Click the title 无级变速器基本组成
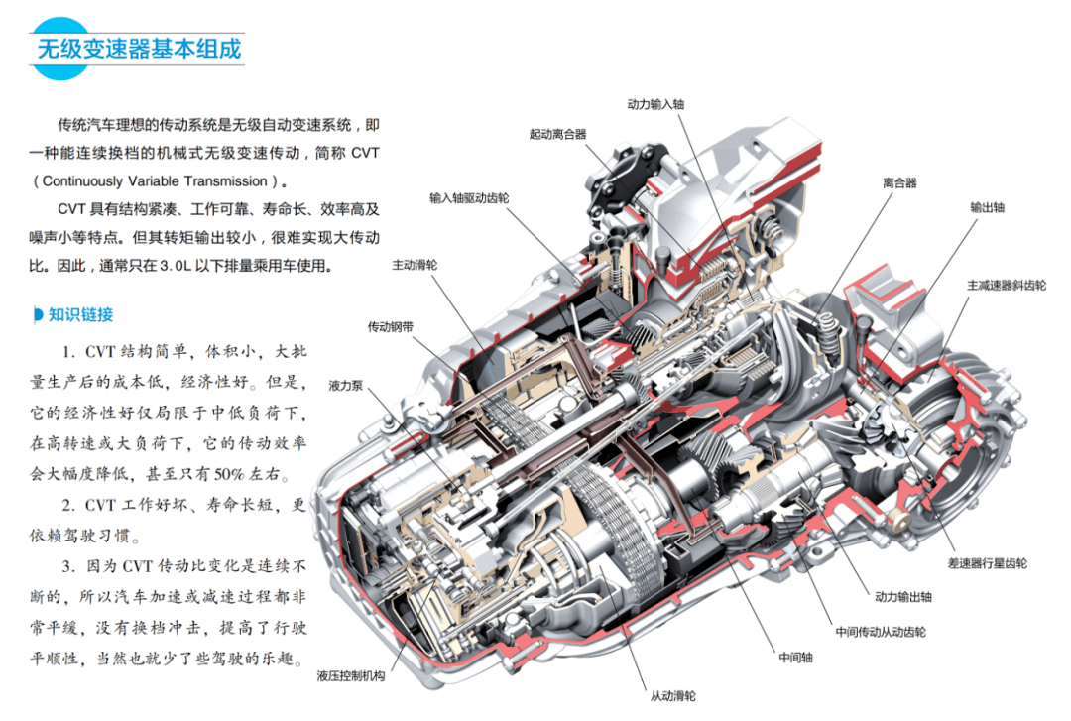point(140,49)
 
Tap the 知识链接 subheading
point(80,314)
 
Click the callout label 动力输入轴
point(655,104)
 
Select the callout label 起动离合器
point(557,134)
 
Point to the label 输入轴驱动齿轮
point(469,198)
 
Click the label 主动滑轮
point(415,265)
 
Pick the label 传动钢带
point(391,326)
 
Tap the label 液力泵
point(346,386)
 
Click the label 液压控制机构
point(351,676)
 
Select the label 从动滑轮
point(672,696)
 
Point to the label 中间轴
point(795,658)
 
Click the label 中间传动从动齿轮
point(881,632)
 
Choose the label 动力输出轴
point(903,597)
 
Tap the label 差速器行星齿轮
point(987,563)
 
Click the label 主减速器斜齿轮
point(1007,285)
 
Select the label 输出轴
point(987,207)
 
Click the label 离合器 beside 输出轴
point(899,182)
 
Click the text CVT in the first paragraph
point(365,153)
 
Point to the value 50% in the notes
point(228,474)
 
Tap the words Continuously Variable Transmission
point(155,181)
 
